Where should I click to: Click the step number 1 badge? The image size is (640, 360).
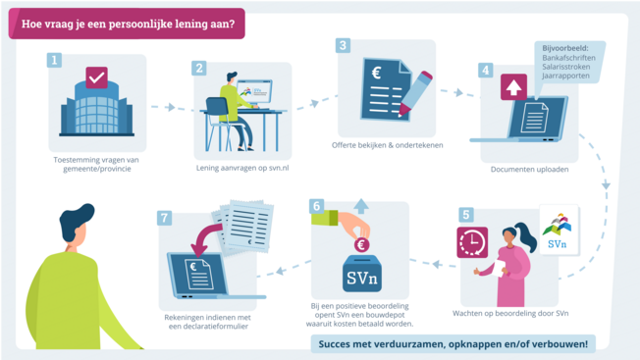pos(55,60)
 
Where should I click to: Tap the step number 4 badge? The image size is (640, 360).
pos(485,71)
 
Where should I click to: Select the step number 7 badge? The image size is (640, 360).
pos(165,217)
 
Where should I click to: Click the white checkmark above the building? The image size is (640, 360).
pos(96,77)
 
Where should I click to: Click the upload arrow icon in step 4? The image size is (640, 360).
pos(512,86)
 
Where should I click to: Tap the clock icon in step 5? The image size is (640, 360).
pos(472,242)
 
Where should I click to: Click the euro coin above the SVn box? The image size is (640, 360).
pos(361,245)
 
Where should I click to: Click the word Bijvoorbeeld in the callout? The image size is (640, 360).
pos(564,47)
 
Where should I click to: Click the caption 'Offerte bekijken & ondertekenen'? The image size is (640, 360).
pos(387,145)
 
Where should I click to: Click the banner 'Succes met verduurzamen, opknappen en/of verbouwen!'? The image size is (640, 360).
pos(453,343)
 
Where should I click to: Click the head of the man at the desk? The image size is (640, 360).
pos(231,78)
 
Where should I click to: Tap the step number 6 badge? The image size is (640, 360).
pos(316,207)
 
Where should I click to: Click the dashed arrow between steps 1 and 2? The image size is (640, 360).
pos(165,107)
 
